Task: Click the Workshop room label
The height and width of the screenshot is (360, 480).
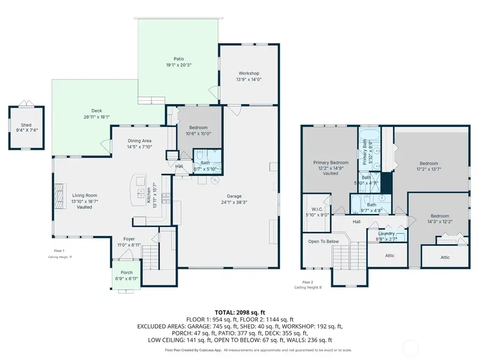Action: pos(249,73)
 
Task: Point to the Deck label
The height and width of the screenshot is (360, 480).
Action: pos(97,111)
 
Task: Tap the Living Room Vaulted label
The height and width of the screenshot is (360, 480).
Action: pos(84,201)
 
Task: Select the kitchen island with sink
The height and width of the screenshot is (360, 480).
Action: pos(140,190)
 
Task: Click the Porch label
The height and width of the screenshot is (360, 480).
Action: pos(126,273)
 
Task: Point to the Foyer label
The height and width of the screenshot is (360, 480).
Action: pos(129,239)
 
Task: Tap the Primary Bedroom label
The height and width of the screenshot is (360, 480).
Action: pos(331,163)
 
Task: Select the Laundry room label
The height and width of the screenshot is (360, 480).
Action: pos(386,234)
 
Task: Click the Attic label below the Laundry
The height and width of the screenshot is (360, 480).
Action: pos(390,255)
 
